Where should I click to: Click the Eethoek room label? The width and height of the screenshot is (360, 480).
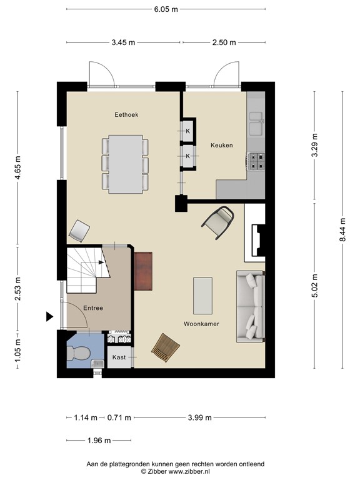click(126, 114)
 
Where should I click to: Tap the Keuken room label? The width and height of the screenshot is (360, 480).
click(221, 145)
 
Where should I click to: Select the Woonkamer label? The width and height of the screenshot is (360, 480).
click(201, 324)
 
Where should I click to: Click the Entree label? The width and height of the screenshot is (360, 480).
click(92, 307)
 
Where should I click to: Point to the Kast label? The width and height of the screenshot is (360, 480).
click(119, 357)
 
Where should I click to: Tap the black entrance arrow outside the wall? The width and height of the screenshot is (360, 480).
click(50, 317)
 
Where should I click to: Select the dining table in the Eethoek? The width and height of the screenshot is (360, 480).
click(125, 164)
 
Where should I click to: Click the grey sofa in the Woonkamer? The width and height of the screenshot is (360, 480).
click(250, 307)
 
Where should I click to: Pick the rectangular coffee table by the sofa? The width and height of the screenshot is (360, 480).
click(202, 295)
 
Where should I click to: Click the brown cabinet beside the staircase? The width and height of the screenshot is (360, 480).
click(143, 271)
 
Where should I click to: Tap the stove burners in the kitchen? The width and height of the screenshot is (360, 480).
click(257, 162)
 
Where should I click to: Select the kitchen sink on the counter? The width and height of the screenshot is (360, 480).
click(256, 122)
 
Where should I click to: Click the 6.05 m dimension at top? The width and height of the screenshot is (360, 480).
click(166, 9)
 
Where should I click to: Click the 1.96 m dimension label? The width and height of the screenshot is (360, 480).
click(98, 440)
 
